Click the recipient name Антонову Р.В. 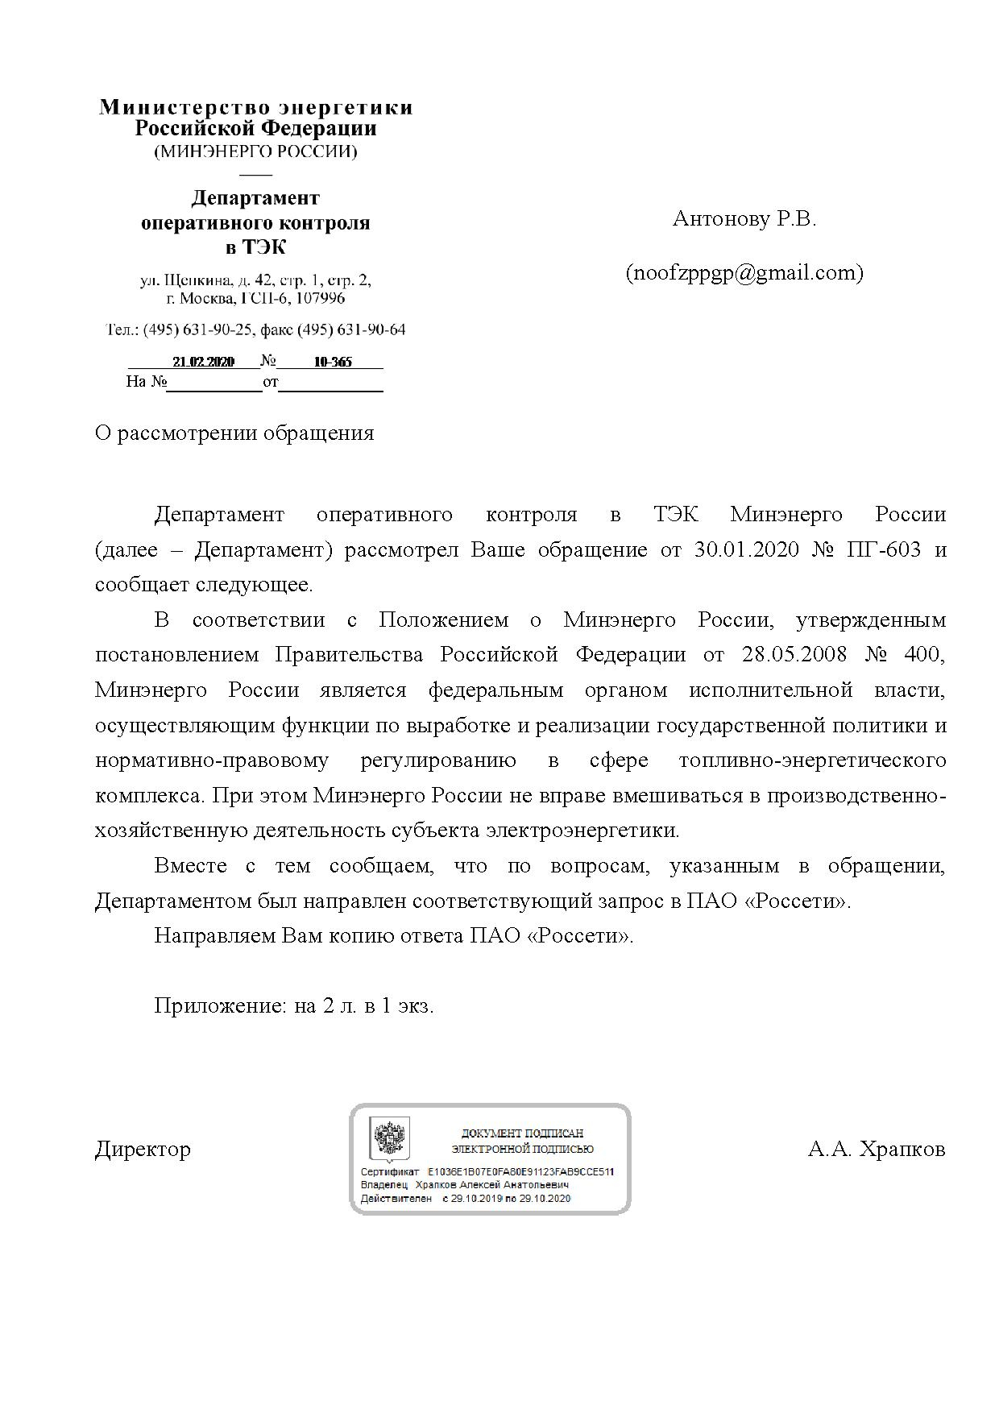(744, 219)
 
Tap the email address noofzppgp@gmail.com (744, 273)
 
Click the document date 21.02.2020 (203, 363)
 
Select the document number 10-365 (333, 363)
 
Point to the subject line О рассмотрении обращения (234, 433)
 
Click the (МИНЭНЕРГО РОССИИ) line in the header (255, 151)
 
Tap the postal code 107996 (321, 299)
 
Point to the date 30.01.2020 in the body (746, 550)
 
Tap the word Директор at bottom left (143, 1149)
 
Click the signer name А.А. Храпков (877, 1149)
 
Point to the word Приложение (218, 1006)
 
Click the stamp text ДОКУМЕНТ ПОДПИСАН (522, 1133)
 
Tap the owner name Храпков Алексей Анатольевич (492, 1185)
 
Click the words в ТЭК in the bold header (255, 247)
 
